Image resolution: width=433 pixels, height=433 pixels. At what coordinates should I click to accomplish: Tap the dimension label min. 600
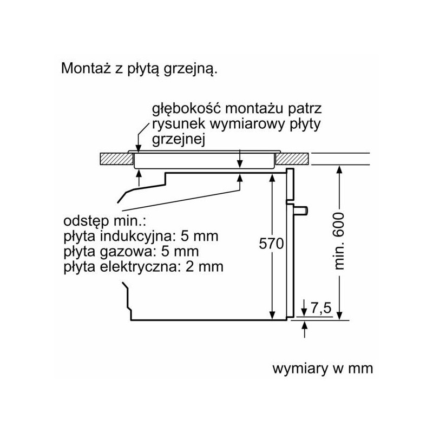339,241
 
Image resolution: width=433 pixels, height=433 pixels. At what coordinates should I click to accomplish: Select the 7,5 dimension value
321,307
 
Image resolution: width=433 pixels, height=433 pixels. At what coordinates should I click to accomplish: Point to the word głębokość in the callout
186,109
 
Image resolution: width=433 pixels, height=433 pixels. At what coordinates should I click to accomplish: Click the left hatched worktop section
116,159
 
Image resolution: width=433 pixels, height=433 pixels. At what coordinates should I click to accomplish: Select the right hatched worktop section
292,159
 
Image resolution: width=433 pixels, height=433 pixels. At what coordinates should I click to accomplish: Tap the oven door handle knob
301,210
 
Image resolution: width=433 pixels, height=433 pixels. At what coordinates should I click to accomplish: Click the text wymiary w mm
323,369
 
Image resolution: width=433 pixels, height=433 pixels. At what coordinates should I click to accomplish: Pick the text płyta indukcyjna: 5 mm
141,237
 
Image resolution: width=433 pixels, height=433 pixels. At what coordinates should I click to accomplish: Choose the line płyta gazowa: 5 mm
131,252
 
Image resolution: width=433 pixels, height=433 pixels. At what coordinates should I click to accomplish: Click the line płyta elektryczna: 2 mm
143,267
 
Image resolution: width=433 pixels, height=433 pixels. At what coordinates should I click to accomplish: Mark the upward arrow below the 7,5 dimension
304,329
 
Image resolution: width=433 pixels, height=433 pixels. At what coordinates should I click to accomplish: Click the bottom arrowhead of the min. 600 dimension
340,316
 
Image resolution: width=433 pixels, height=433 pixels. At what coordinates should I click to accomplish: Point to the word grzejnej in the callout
179,140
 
